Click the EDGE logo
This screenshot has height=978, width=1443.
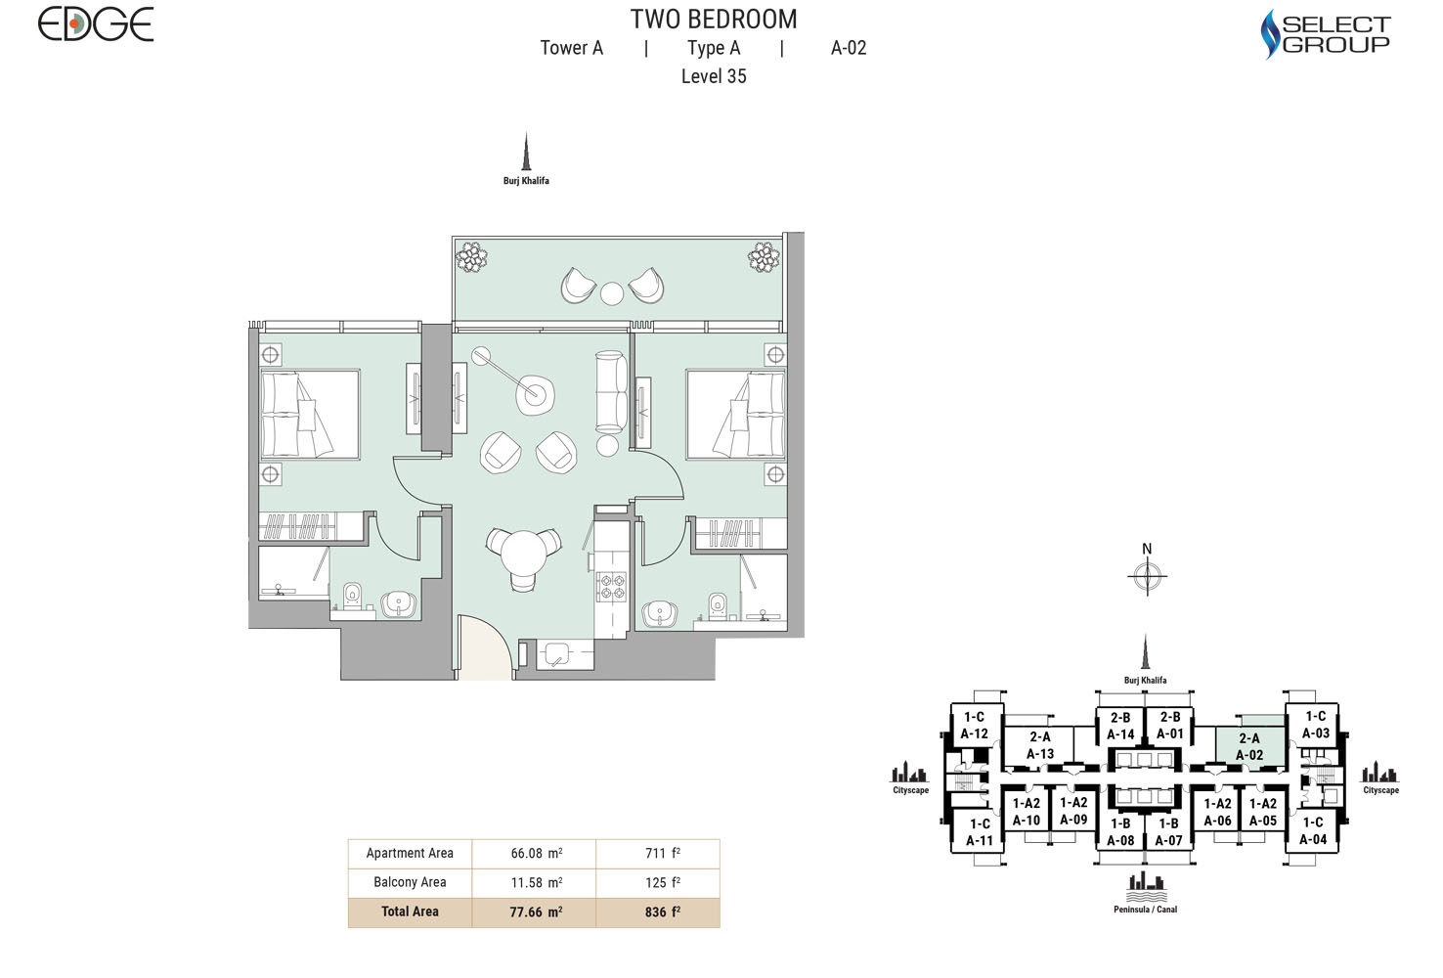(x=96, y=23)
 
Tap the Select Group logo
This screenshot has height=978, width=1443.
(x=1325, y=34)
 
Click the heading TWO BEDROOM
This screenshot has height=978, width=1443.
(x=714, y=20)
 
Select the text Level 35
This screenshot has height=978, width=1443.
(x=714, y=76)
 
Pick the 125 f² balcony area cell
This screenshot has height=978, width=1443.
(x=662, y=882)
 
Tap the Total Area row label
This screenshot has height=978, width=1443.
(x=410, y=911)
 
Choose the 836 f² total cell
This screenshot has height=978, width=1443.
(x=662, y=911)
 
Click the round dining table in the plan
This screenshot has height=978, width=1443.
(x=525, y=556)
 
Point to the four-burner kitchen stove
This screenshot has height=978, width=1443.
(x=612, y=586)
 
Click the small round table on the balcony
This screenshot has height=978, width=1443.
(x=612, y=292)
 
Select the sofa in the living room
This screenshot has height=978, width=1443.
(x=612, y=391)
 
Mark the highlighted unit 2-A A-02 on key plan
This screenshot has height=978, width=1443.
(x=1248, y=746)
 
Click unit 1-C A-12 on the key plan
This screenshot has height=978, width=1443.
(x=974, y=725)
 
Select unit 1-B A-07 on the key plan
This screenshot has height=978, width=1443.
(x=1168, y=831)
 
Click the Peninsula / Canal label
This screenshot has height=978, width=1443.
(x=1145, y=910)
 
